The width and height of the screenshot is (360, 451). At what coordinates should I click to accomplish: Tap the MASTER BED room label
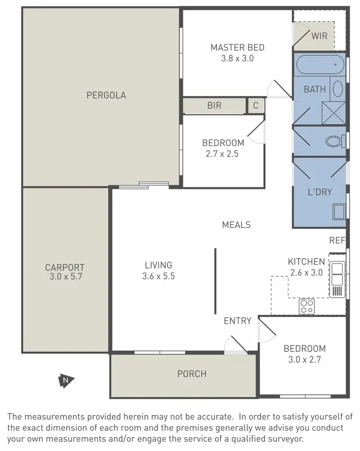tap(237, 47)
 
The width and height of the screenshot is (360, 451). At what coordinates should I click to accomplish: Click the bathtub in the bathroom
tap(320, 64)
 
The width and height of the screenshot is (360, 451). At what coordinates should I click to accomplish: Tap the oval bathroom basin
tap(337, 89)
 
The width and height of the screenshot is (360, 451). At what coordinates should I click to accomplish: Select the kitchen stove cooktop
tap(306, 306)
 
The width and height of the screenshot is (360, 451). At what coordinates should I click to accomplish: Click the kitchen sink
tap(337, 274)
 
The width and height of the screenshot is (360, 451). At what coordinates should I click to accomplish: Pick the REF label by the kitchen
tap(337, 240)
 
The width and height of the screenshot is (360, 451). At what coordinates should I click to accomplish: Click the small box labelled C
tap(255, 106)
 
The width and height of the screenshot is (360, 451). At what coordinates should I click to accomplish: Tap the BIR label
tap(214, 106)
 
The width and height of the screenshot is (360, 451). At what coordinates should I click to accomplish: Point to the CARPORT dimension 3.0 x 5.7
tap(65, 277)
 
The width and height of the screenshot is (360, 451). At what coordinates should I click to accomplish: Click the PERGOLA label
tap(106, 95)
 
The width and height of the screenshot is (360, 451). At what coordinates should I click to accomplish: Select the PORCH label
tap(192, 374)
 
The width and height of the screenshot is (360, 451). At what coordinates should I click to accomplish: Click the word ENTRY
tap(238, 320)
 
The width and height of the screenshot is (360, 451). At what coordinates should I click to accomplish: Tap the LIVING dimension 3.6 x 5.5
tap(158, 276)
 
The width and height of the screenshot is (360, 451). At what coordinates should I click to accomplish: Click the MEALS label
tap(236, 225)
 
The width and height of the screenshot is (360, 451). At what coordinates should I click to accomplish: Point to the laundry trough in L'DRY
tap(339, 211)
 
